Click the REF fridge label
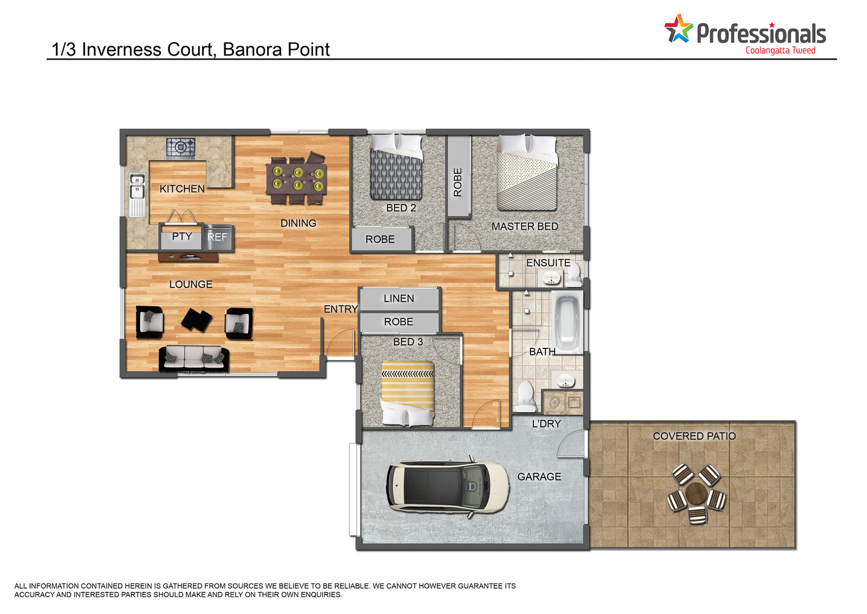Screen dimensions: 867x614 click(x=217, y=237)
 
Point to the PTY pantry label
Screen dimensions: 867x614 click(x=182, y=236)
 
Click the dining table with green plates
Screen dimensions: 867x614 click(x=296, y=178)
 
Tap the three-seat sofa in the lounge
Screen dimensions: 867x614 click(x=194, y=359)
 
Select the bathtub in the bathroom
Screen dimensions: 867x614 click(x=567, y=322)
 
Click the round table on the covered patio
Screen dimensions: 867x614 click(x=696, y=493)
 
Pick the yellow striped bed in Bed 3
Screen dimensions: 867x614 click(x=407, y=393)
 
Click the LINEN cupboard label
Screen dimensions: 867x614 click(x=399, y=299)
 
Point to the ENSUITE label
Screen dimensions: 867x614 click(x=548, y=263)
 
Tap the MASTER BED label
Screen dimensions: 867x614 click(x=525, y=226)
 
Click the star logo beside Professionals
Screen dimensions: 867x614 click(x=679, y=28)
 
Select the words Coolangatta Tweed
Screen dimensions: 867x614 click(x=781, y=51)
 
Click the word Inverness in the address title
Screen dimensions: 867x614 click(x=121, y=50)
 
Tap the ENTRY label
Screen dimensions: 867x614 click(x=340, y=309)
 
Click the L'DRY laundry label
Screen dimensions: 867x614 click(x=546, y=424)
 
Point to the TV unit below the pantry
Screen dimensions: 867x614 click(x=188, y=257)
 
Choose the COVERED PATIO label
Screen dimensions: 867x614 click(x=694, y=436)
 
